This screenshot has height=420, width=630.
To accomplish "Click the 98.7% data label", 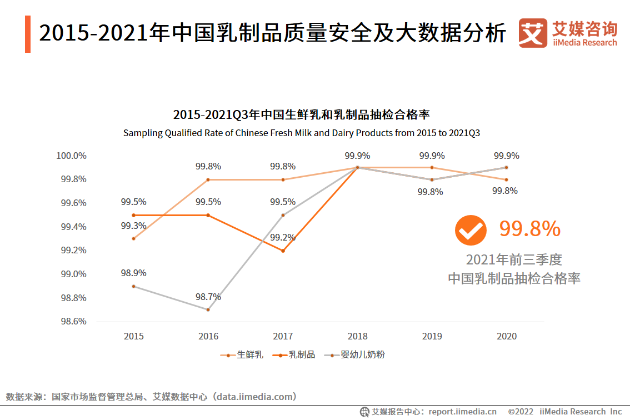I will [x=208, y=297].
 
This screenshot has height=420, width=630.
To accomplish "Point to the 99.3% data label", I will [x=133, y=226].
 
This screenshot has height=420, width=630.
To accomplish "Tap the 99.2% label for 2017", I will [x=283, y=237].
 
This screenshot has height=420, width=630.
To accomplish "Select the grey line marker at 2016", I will [x=208, y=309].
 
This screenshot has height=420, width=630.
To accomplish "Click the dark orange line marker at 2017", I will [x=283, y=251].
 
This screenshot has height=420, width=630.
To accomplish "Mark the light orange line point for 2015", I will [x=133, y=238].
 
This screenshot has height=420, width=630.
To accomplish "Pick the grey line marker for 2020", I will [x=506, y=167].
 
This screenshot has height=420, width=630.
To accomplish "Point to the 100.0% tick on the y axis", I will [x=71, y=156].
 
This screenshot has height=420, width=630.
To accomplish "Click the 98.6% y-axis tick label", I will [x=73, y=321].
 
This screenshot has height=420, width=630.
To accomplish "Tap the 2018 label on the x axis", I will [x=357, y=336].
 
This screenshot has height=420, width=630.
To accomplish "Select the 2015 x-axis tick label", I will [x=133, y=336].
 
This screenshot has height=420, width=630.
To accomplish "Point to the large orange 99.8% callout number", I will [x=529, y=229].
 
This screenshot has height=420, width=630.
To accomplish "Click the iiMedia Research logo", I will [x=568, y=33].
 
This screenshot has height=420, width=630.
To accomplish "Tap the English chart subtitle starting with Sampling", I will [x=301, y=133].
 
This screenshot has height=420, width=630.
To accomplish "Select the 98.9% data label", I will [x=133, y=273].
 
